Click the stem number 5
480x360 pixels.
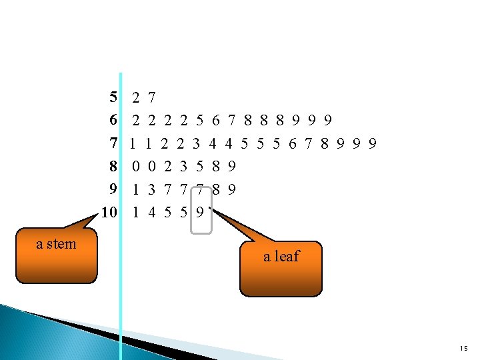(x=113, y=98)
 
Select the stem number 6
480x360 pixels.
(x=113, y=121)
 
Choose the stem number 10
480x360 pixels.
(x=109, y=212)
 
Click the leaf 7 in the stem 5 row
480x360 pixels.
(x=152, y=98)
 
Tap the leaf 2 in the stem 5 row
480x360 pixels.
(x=136, y=98)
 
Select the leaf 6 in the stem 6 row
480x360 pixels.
(x=216, y=121)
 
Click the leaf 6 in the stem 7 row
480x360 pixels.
(x=293, y=143)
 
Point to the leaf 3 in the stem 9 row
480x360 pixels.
(x=152, y=189)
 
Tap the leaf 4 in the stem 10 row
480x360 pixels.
(x=152, y=212)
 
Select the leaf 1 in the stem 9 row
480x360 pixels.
(x=136, y=189)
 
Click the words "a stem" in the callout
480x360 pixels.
(x=56, y=244)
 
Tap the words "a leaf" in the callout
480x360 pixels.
(x=281, y=256)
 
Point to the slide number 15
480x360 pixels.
(x=463, y=349)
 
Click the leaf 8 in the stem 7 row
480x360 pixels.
(x=325, y=143)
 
